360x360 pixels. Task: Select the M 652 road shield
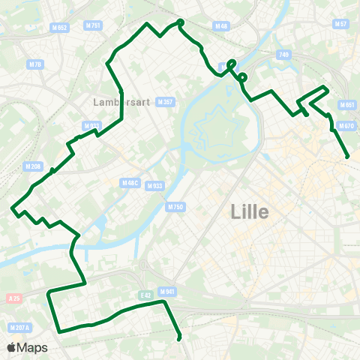(59, 28)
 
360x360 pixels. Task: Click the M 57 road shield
(340, 25)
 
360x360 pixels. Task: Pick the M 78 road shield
(34, 64)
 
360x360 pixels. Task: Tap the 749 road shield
(283, 55)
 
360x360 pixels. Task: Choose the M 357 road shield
(166, 102)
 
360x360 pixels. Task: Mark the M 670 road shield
(346, 126)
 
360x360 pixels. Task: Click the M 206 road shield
(33, 166)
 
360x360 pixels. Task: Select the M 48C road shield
(130, 182)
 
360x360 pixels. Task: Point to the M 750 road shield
(175, 206)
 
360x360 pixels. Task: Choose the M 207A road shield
(19, 327)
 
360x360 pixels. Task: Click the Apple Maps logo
(27, 347)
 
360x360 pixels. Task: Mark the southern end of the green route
(179, 339)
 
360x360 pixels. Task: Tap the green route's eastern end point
(347, 156)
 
